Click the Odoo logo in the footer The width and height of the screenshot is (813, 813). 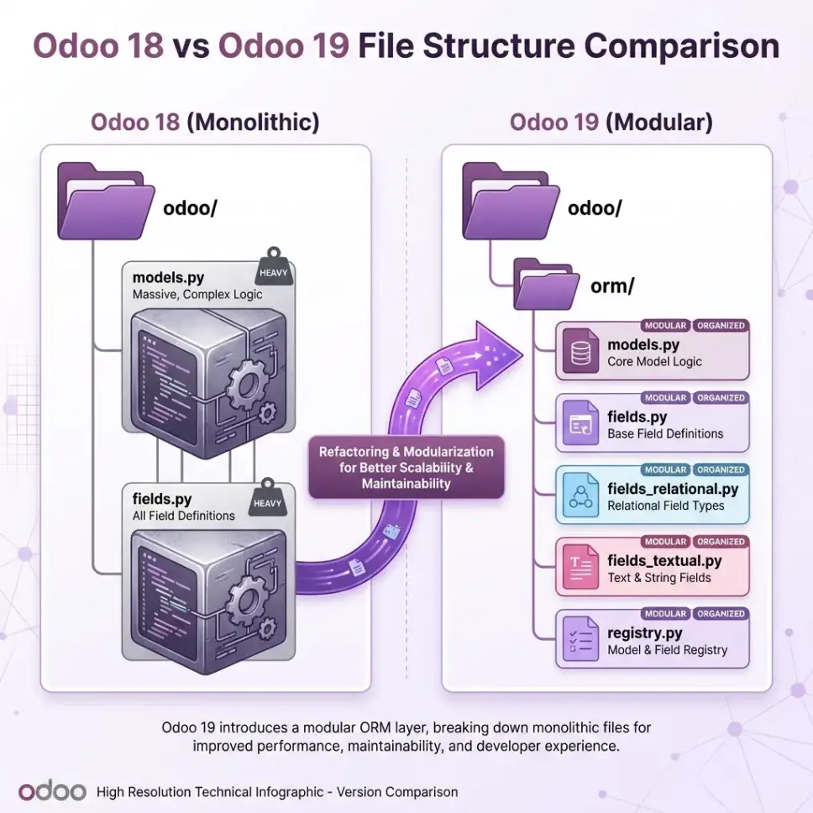52,791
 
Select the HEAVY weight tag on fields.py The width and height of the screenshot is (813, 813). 270,500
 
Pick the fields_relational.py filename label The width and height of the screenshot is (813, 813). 673,489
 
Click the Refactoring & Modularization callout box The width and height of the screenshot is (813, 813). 406,468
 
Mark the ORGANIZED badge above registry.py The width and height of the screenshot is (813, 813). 721,614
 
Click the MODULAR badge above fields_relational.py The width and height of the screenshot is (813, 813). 665,470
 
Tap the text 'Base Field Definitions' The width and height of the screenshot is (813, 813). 665,434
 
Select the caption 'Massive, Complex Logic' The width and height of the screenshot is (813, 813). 197,295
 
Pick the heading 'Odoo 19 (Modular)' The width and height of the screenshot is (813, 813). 611,123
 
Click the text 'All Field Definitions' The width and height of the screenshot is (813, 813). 184,516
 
